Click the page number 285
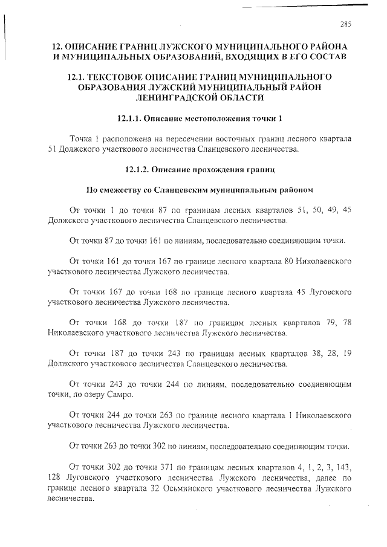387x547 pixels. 346,24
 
